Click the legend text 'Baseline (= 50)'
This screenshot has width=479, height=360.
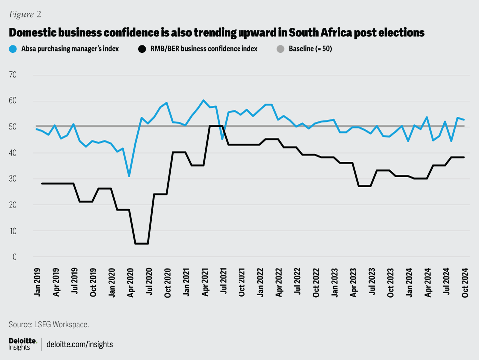click(x=311, y=49)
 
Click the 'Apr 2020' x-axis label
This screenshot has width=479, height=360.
click(x=129, y=284)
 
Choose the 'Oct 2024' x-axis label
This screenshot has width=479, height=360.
click(x=464, y=284)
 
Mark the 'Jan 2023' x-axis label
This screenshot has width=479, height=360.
click(x=333, y=284)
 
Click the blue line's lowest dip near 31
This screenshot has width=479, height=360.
click(x=129, y=176)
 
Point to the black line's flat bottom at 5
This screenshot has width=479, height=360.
click(x=141, y=244)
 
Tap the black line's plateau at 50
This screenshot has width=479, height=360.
click(x=215, y=126)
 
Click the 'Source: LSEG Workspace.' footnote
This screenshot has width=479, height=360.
click(x=49, y=324)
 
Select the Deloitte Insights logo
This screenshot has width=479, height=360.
click(x=23, y=344)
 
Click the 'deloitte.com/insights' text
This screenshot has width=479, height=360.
click(x=80, y=344)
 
